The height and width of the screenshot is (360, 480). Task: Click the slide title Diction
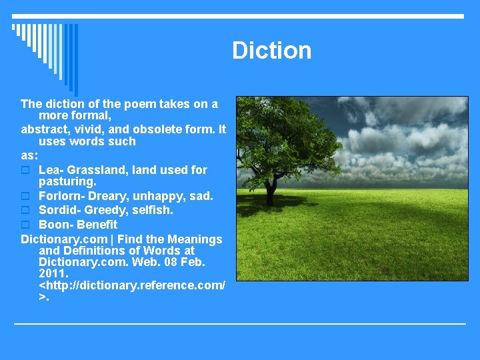(x=271, y=51)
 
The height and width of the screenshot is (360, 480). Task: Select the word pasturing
(x=67, y=181)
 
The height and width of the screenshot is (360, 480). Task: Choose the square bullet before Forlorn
(x=25, y=196)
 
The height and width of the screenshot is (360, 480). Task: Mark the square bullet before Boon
(x=25, y=225)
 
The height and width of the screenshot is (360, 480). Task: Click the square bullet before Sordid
(x=25, y=210)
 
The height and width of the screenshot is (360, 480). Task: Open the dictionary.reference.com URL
(x=132, y=285)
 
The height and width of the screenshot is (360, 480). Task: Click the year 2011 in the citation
(x=53, y=274)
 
